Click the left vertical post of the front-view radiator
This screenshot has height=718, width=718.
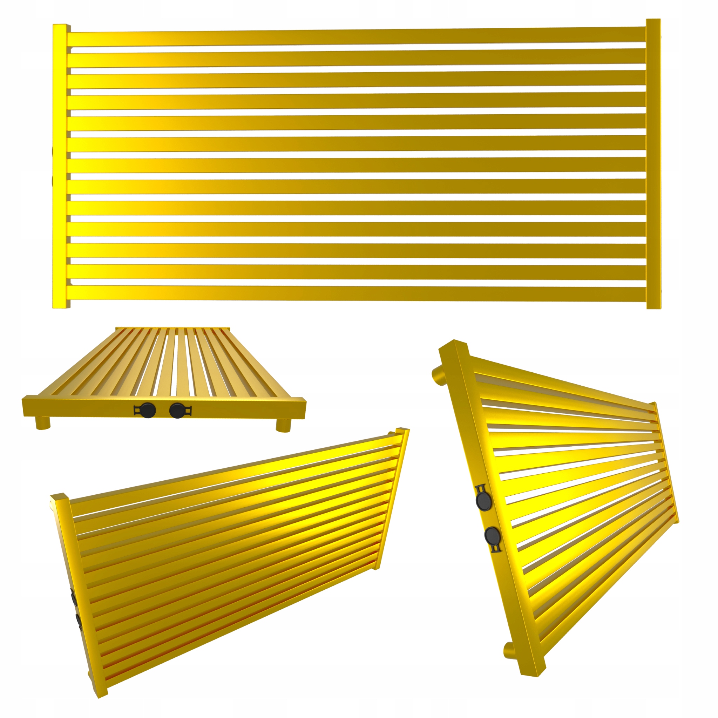[x=60, y=167]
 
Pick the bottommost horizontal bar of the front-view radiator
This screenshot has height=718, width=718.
[x=357, y=293]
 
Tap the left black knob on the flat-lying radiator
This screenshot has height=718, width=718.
[x=148, y=410]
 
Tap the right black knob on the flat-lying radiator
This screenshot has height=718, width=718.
[x=177, y=410]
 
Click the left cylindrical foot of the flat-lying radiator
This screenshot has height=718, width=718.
[x=43, y=423]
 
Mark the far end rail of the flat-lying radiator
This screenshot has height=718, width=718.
[x=173, y=328]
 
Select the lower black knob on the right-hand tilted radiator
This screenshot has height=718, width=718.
[x=493, y=535]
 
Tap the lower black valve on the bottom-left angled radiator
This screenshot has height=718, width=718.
[x=79, y=621]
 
